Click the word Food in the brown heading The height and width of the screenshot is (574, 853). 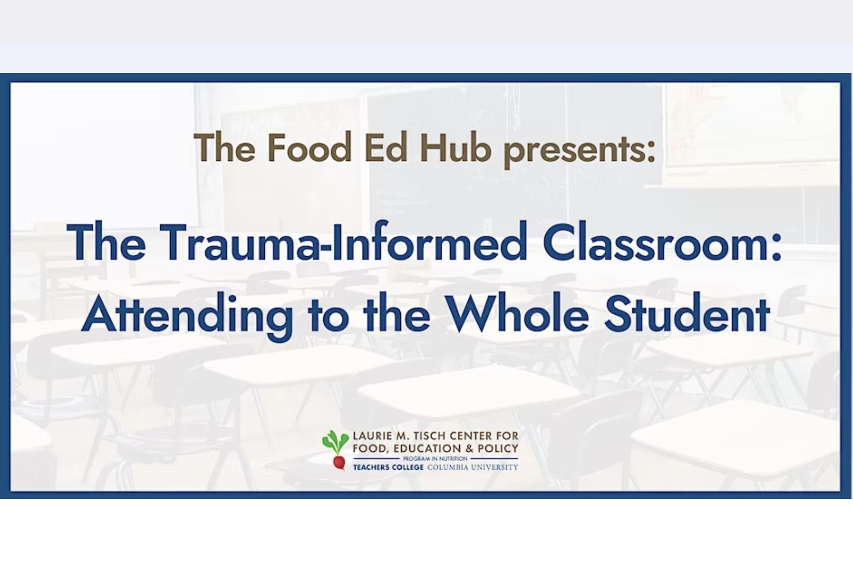click(x=309, y=148)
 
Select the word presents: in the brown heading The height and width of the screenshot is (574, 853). click(x=580, y=151)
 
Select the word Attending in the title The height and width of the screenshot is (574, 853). click(x=187, y=316)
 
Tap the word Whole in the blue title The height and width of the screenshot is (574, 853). click(x=518, y=314)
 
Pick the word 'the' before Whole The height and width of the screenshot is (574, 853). click(x=396, y=314)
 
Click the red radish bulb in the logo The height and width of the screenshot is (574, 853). click(x=339, y=462)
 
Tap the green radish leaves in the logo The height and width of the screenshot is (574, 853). click(x=335, y=442)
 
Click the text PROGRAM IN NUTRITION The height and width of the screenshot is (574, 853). click(x=435, y=459)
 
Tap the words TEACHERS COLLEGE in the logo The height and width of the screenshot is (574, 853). click(x=388, y=467)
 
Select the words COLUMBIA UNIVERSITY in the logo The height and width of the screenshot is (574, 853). click(x=473, y=467)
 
